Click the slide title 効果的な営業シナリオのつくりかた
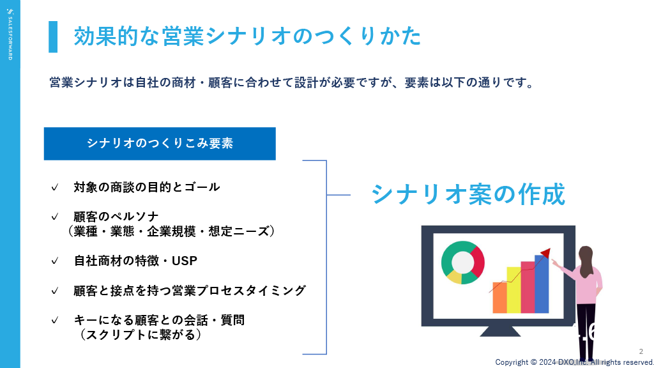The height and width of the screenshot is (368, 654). pyautogui.click(x=247, y=36)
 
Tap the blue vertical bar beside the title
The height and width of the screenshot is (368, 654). pyautogui.click(x=53, y=36)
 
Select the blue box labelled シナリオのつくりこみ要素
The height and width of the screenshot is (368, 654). pyautogui.click(x=160, y=144)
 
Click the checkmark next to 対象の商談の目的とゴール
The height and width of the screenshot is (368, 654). pyautogui.click(x=55, y=187)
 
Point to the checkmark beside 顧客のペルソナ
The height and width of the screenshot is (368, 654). pyautogui.click(x=55, y=217)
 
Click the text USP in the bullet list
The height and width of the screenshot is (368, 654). pyautogui.click(x=185, y=261)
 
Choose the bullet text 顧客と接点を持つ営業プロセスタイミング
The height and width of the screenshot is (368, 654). pyautogui.click(x=190, y=291)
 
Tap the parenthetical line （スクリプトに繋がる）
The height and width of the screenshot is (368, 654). pyautogui.click(x=140, y=335)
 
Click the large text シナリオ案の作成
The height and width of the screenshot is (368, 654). pyautogui.click(x=468, y=194)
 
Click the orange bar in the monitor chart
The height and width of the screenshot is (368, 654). pyautogui.click(x=499, y=298)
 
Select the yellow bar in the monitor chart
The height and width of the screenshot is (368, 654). pyautogui.click(x=514, y=290)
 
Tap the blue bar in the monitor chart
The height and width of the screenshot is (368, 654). pyautogui.click(x=542, y=284)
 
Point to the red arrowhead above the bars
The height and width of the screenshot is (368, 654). pyautogui.click(x=546, y=252)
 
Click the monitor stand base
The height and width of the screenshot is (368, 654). pyautogui.click(x=500, y=332)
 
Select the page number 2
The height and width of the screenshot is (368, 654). pyautogui.click(x=641, y=352)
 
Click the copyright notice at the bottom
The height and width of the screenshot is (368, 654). pyautogui.click(x=574, y=362)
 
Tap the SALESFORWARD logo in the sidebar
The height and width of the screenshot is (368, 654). pyautogui.click(x=10, y=34)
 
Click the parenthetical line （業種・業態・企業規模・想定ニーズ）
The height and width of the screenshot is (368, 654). pyautogui.click(x=171, y=231)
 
